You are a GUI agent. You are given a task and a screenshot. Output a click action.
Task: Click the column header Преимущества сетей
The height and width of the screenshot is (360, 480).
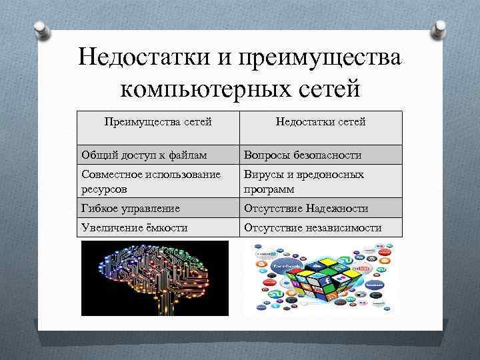(159, 121)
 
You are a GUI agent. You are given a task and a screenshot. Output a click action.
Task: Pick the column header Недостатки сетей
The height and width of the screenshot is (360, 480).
(321, 121)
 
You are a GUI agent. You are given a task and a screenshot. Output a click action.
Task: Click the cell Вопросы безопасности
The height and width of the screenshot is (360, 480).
(303, 155)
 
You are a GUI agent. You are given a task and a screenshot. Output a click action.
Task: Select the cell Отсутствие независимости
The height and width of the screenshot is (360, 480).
(312, 228)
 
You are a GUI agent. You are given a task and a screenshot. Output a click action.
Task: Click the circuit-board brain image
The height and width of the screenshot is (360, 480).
(155, 278)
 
